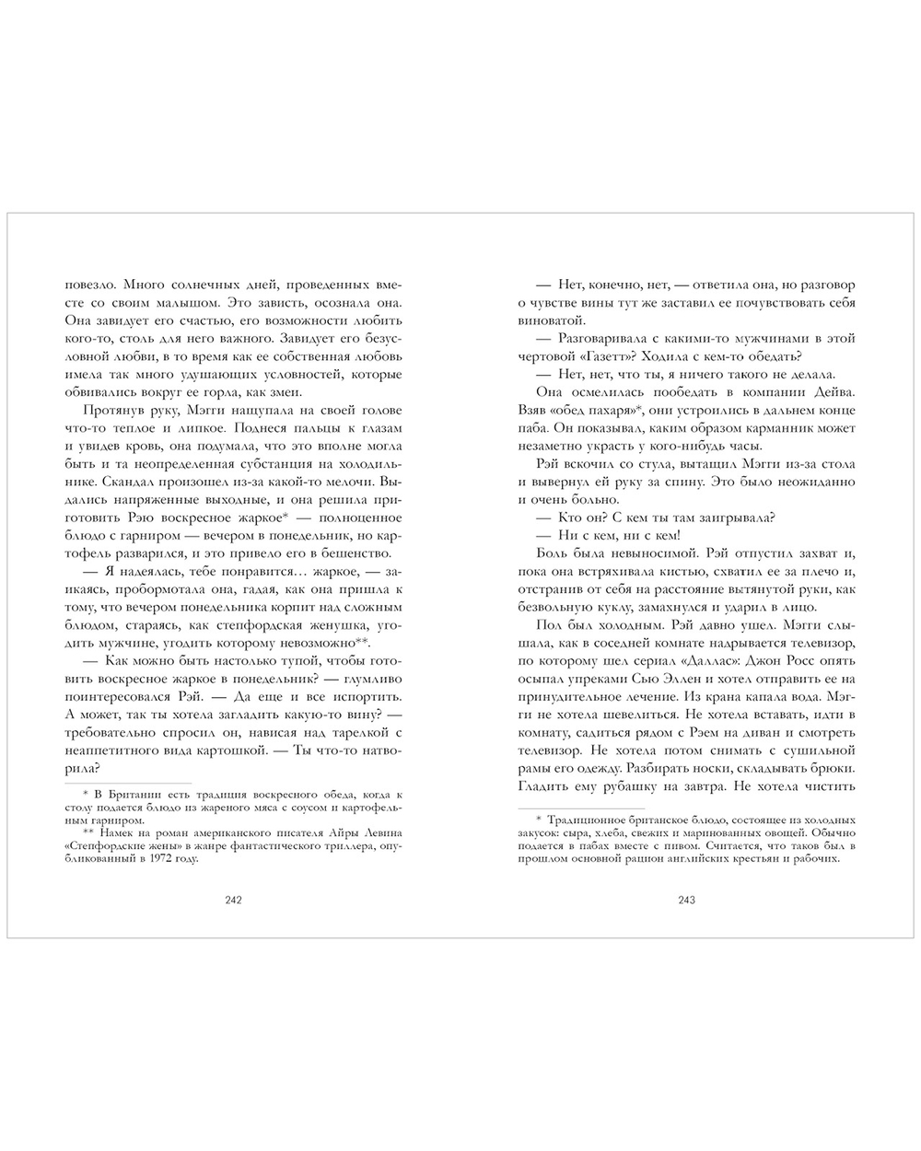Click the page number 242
(232, 901)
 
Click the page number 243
(687, 901)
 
